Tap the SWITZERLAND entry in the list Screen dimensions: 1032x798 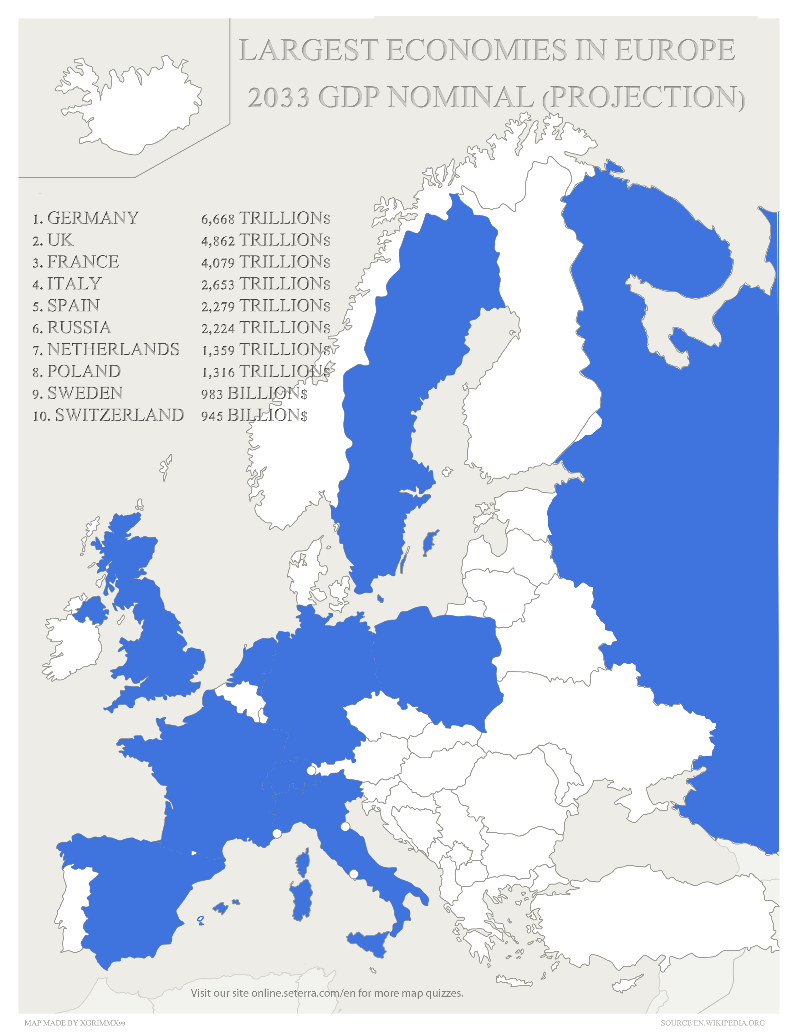tap(119, 415)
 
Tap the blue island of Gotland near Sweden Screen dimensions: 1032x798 tap(429, 544)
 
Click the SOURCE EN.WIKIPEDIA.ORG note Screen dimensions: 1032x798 tap(713, 1023)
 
